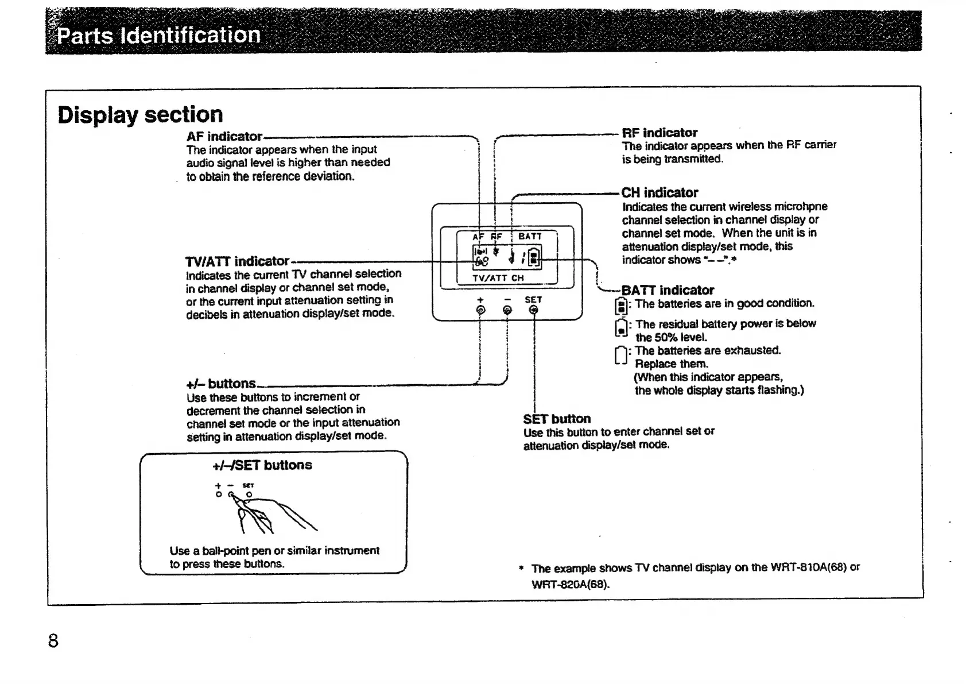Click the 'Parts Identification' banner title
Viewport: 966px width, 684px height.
[x=158, y=36]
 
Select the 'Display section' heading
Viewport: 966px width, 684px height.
[x=140, y=115]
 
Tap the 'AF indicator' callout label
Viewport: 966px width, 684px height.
[x=224, y=137]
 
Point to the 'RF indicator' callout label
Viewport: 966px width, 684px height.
[x=659, y=133]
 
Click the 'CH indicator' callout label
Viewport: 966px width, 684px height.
[x=659, y=193]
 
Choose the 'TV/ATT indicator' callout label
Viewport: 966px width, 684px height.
[x=237, y=261]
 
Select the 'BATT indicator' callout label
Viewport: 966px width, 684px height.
[x=668, y=290]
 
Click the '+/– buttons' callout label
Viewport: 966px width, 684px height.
[x=221, y=384]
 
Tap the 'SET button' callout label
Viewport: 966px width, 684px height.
[x=557, y=419]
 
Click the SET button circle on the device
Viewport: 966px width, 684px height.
[x=534, y=310]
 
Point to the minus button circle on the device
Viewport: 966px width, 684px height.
[x=507, y=310]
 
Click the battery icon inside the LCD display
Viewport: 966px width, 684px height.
[x=534, y=256]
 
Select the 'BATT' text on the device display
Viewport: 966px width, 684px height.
[x=530, y=236]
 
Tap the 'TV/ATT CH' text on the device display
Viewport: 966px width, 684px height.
[x=498, y=278]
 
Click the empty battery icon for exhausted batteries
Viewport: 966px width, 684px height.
[x=620, y=356]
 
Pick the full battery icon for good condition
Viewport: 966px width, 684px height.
[x=620, y=306]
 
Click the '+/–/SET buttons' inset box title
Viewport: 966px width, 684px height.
[x=262, y=465]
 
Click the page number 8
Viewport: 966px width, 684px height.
[x=53, y=640]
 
